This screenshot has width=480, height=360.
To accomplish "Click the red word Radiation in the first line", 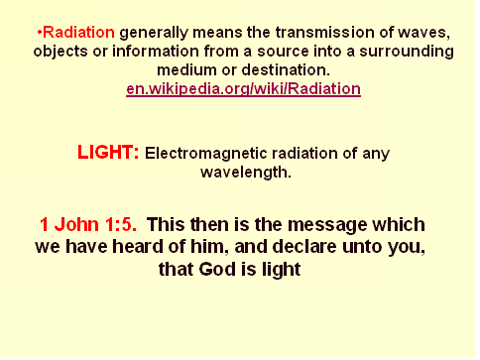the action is coord(79,33).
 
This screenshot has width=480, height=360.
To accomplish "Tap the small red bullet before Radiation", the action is coord(40,33).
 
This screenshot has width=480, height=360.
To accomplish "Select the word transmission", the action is coord(325,33).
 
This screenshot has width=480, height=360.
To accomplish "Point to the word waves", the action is coord(423,33).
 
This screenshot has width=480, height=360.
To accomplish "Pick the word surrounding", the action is coord(407,52).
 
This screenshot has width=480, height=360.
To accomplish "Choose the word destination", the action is coord(286,70).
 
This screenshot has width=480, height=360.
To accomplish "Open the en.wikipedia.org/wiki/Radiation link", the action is coord(243,89).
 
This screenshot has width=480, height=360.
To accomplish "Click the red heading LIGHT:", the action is coord(108,153).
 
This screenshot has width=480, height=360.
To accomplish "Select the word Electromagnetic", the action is coord(206,154).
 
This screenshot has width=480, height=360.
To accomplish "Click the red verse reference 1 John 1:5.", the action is coord(88,225).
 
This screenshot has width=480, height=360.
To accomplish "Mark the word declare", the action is coord(304,247).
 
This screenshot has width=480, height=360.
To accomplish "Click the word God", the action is coord(217,269).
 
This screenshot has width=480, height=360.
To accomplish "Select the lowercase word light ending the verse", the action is coord(282,270).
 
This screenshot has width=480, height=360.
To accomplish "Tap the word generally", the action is coord(154,33).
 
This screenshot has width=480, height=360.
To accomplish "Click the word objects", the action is coord(60,52).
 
